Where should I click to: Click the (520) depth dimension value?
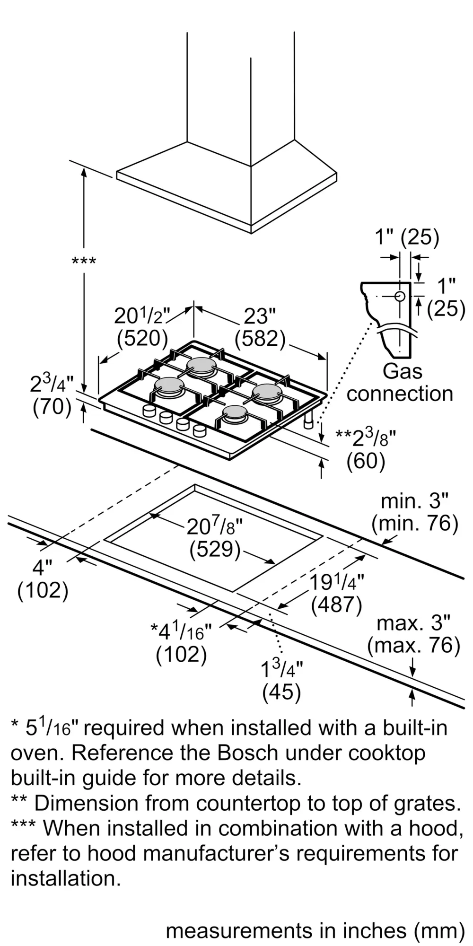(x=142, y=338)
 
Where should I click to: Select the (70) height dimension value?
(x=52, y=407)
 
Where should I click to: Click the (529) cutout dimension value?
(x=215, y=549)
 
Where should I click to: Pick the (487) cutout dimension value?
(x=336, y=604)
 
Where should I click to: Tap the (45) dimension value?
(x=282, y=692)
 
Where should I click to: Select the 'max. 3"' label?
(x=413, y=623)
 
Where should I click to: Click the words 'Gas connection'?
(x=400, y=382)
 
